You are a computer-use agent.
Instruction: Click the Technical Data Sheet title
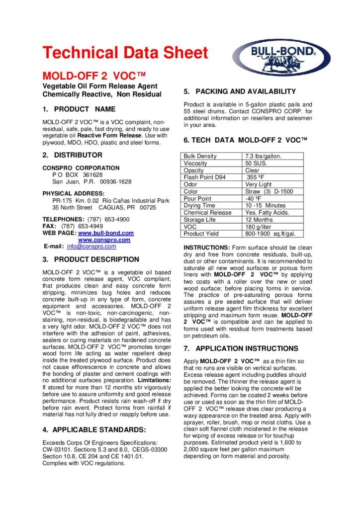pyautogui.click(x=125, y=52)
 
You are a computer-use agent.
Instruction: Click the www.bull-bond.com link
pyautogui.click(x=106, y=233)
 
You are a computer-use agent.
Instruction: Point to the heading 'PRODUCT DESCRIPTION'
pyautogui.click(x=96, y=259)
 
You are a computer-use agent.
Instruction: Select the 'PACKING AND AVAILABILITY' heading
pyautogui.click(x=246, y=91)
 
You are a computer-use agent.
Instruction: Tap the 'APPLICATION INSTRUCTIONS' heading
pyautogui.click(x=247, y=349)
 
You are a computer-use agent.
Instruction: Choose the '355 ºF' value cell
pyautogui.click(x=257, y=177)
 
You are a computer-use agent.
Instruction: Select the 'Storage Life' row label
pyautogui.click(x=200, y=220)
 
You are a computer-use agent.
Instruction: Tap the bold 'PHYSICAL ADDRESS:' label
pyautogui.click(x=74, y=193)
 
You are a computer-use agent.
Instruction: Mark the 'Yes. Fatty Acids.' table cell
pyautogui.click(x=267, y=213)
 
